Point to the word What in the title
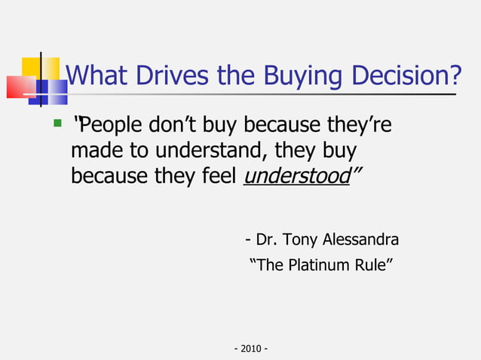pyautogui.click(x=95, y=75)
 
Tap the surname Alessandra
pyautogui.click(x=361, y=240)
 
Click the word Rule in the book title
pyautogui.click(x=371, y=265)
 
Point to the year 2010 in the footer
pyautogui.click(x=252, y=349)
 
